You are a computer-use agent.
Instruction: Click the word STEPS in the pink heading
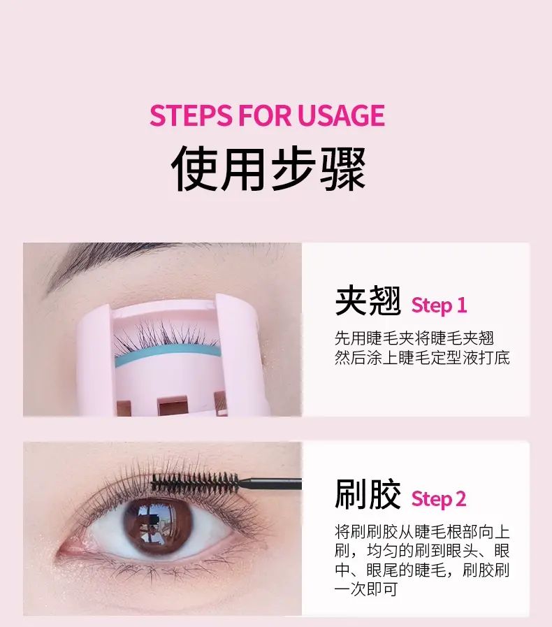[191, 115]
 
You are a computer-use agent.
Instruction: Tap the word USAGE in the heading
[341, 115]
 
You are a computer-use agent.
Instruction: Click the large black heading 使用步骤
[268, 168]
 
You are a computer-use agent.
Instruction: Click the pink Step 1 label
[439, 305]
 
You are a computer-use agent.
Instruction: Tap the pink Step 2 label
[439, 499]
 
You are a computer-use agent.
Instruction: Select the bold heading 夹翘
[368, 301]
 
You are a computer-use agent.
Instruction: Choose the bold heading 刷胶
[368, 495]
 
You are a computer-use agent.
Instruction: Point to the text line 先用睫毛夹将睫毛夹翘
[414, 338]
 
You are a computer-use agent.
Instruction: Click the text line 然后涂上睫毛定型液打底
[423, 357]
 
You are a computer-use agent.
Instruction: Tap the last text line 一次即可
[366, 589]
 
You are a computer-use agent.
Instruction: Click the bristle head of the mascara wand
[195, 482]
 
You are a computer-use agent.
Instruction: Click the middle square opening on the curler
[173, 406]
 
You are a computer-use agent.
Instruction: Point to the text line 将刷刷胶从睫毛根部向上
[423, 531]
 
